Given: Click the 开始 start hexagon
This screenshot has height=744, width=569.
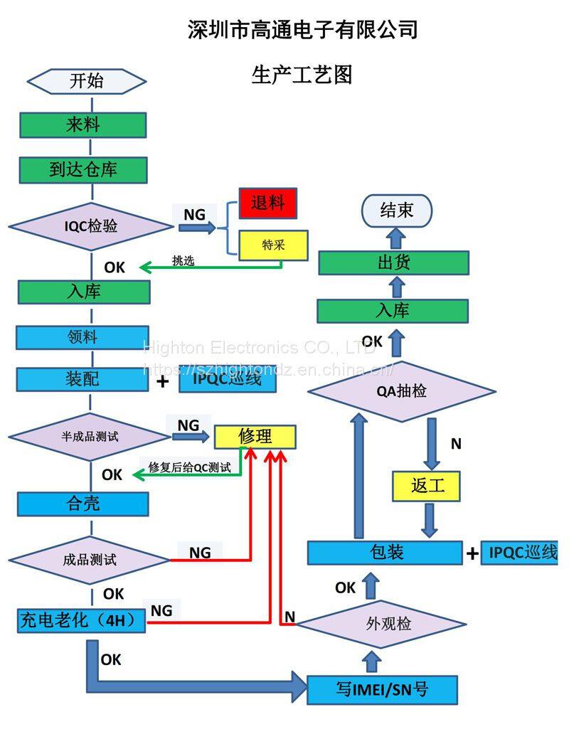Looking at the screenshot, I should click(86, 81).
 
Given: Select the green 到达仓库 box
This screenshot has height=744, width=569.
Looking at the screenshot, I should click(83, 170).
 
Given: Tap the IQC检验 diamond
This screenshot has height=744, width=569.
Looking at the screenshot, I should click(90, 227).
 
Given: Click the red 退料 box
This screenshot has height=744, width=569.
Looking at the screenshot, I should click(267, 204).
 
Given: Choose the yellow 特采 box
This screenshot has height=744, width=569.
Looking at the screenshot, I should click(273, 245).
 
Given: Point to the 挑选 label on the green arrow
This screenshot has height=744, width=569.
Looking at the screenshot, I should click(183, 260).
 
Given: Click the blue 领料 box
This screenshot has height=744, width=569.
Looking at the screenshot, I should click(83, 337).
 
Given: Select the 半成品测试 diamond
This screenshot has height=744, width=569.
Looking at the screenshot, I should click(90, 436).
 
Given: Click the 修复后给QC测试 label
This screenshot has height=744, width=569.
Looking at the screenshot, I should click(189, 467).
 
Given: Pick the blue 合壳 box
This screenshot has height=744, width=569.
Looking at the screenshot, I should click(83, 504).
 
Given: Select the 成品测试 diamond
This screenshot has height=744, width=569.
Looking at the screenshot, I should click(90, 560).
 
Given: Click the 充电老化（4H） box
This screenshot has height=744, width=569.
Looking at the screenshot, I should click(82, 620).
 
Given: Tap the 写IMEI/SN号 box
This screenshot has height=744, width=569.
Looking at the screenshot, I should click(382, 689).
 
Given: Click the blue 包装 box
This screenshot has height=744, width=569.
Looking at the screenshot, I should click(385, 553).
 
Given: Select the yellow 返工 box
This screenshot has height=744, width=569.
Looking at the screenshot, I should click(427, 487).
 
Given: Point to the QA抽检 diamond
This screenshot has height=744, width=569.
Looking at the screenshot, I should click(401, 390).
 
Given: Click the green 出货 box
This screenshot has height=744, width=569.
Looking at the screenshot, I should click(393, 262).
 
